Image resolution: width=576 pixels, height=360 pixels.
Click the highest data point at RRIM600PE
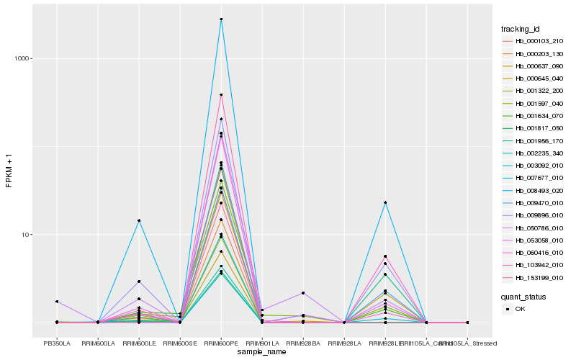pyautogui.click(x=221, y=19)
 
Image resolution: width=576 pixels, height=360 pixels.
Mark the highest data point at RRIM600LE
pyautogui.click(x=139, y=220)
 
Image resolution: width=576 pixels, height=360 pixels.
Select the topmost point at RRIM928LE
pyautogui.click(x=385, y=202)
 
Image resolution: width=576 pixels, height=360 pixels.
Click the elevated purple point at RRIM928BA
pyautogui.click(x=303, y=293)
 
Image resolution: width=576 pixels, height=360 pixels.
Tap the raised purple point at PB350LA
pyautogui.click(x=57, y=302)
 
